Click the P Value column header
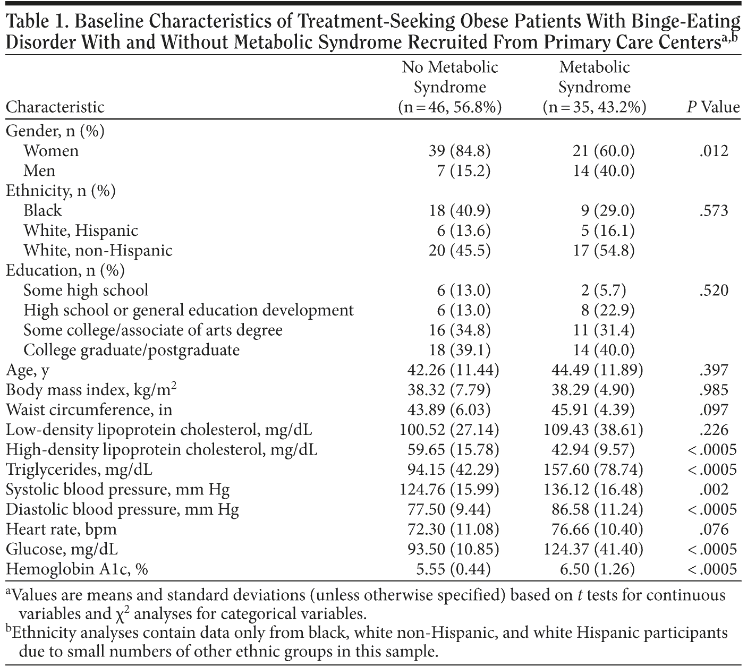pyautogui.click(x=713, y=107)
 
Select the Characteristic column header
pyautogui.click(x=55, y=107)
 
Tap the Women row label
pyautogui.click(x=51, y=151)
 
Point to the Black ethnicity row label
pyautogui.click(x=43, y=211)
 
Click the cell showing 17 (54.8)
pyautogui.click(x=604, y=251)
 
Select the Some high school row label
pyautogui.click(x=86, y=291)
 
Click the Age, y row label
pyautogui.click(x=28, y=370)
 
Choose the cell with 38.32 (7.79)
pyautogui.click(x=449, y=390)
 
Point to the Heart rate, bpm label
pyautogui.click(x=61, y=530)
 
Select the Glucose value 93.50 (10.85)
pyautogui.click(x=449, y=550)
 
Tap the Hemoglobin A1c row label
pyautogui.click(x=77, y=569)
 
